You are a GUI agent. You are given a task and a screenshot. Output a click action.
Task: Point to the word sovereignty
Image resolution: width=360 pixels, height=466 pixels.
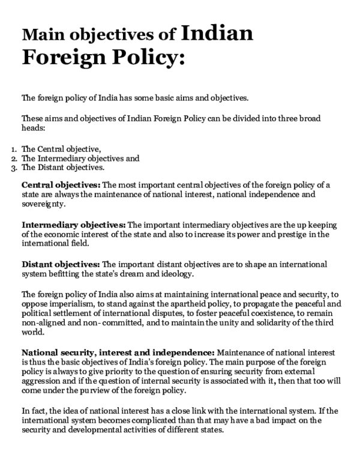click(x=42, y=204)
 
